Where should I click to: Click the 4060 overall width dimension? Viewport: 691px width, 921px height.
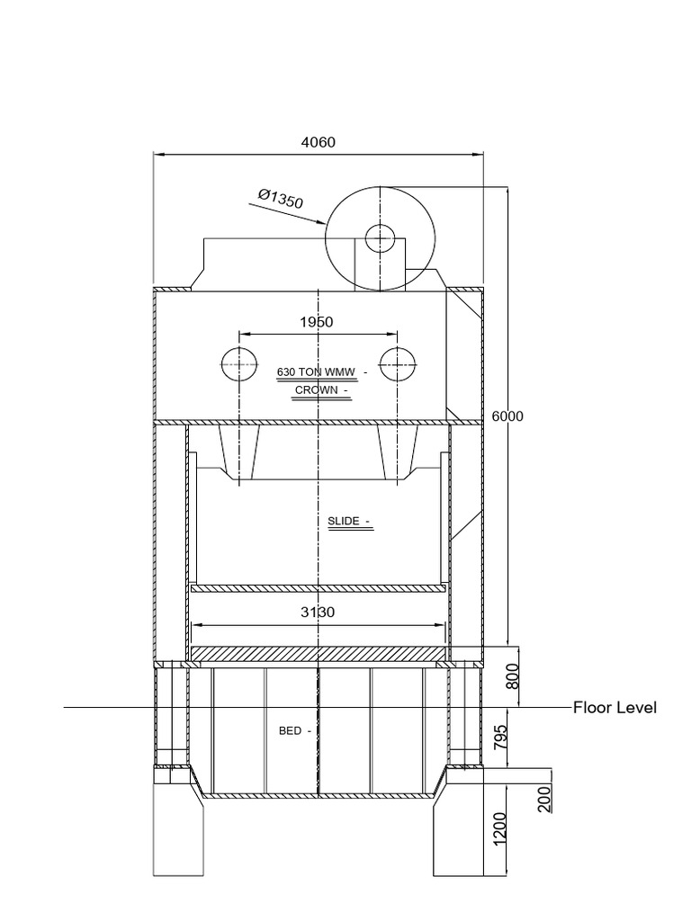[x=317, y=142]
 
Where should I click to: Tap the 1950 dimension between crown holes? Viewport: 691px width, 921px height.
[x=317, y=322]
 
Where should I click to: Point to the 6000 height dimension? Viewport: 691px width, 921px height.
[x=508, y=416]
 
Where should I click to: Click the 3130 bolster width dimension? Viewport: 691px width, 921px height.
[x=317, y=613]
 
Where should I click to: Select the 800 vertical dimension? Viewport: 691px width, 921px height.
[x=514, y=675]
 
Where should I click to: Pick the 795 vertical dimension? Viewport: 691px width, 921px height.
[x=501, y=738]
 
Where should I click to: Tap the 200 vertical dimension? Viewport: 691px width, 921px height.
[x=545, y=798]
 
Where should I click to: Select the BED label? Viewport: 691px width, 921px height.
[x=291, y=731]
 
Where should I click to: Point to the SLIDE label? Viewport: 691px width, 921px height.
[x=345, y=521]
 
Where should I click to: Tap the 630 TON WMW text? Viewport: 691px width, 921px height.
[x=318, y=371]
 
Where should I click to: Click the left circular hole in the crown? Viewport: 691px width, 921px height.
[x=239, y=364]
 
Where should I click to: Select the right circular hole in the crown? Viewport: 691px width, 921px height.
[x=396, y=364]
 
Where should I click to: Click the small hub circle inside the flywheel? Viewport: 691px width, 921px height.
[x=380, y=238]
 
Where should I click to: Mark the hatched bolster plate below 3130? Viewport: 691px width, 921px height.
[x=319, y=654]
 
